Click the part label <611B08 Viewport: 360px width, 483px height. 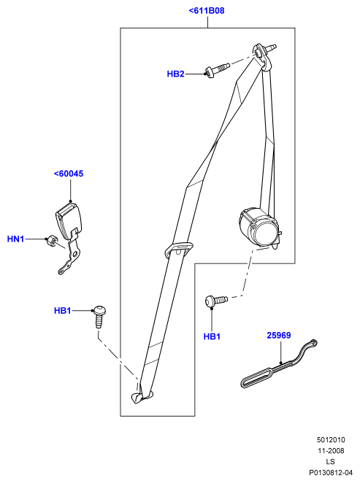pos(207,11)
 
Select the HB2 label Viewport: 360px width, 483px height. pos(175,74)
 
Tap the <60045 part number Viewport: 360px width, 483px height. pos(69,174)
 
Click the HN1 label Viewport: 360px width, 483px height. pos(15,239)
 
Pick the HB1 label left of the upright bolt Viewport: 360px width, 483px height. pos(63,311)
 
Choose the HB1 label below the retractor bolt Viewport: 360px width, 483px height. pos(212,336)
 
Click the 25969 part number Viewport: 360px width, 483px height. pos(279,335)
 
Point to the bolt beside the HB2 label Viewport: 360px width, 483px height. pos(217,70)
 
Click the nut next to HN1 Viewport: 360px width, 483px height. pos(51,241)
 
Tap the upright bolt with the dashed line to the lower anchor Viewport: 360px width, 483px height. pos(99,316)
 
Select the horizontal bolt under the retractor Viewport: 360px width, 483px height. pos(216,301)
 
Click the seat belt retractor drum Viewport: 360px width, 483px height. pos(260,228)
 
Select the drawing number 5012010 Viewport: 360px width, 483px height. pos(331,440)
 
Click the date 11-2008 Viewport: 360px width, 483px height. pos(331,451)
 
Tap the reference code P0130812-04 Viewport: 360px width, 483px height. pos(331,473)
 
